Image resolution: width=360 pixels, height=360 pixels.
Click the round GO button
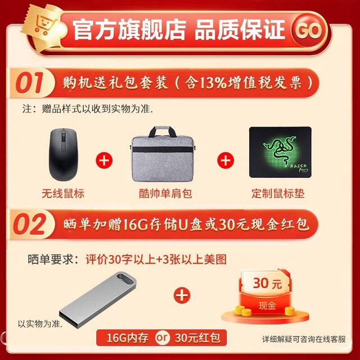(309, 30)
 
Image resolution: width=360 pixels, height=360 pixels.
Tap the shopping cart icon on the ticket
(45, 25)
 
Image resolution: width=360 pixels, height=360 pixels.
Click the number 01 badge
(30, 83)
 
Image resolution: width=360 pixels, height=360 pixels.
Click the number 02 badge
(29, 224)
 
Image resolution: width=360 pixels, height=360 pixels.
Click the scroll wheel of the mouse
(64, 138)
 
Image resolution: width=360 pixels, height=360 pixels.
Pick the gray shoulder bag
(163, 154)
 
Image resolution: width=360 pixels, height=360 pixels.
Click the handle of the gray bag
(163, 131)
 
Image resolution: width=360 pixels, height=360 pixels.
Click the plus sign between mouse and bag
(104, 160)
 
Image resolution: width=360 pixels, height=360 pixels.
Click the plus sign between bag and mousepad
(226, 160)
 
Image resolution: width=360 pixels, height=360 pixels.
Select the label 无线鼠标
(62, 193)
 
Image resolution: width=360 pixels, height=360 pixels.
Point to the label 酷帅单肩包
(165, 193)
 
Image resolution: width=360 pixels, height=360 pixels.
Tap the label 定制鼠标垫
(278, 193)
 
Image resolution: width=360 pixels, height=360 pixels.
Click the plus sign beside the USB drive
(182, 295)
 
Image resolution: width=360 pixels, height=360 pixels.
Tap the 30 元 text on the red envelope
(267, 283)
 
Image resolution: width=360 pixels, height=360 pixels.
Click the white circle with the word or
(162, 337)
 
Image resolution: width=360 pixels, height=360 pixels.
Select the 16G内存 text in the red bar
(128, 338)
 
